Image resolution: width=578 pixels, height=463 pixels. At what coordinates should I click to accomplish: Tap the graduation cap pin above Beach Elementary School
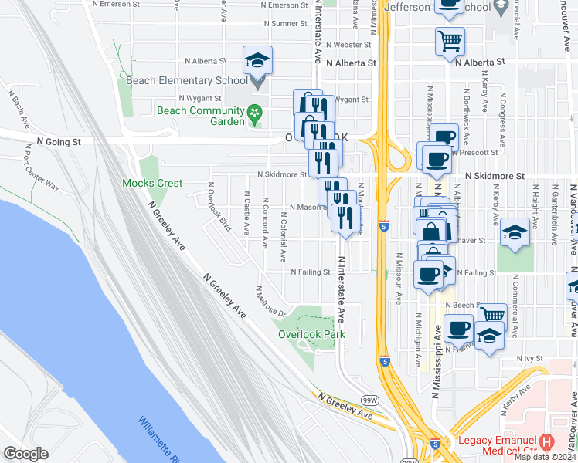[x=258, y=61]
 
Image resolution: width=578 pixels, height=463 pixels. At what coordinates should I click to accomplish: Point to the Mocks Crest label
[x=153, y=184]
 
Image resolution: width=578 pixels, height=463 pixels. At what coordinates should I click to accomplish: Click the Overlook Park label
[x=312, y=334]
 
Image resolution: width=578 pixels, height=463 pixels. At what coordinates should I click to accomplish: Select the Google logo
[x=25, y=454]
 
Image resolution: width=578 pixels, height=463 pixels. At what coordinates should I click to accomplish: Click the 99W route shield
[x=369, y=400]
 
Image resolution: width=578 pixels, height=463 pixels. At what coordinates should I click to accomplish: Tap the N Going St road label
[x=59, y=142]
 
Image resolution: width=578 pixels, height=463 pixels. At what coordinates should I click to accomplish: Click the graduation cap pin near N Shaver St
[x=515, y=233]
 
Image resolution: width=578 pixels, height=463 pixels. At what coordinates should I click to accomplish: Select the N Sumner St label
[x=289, y=24]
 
